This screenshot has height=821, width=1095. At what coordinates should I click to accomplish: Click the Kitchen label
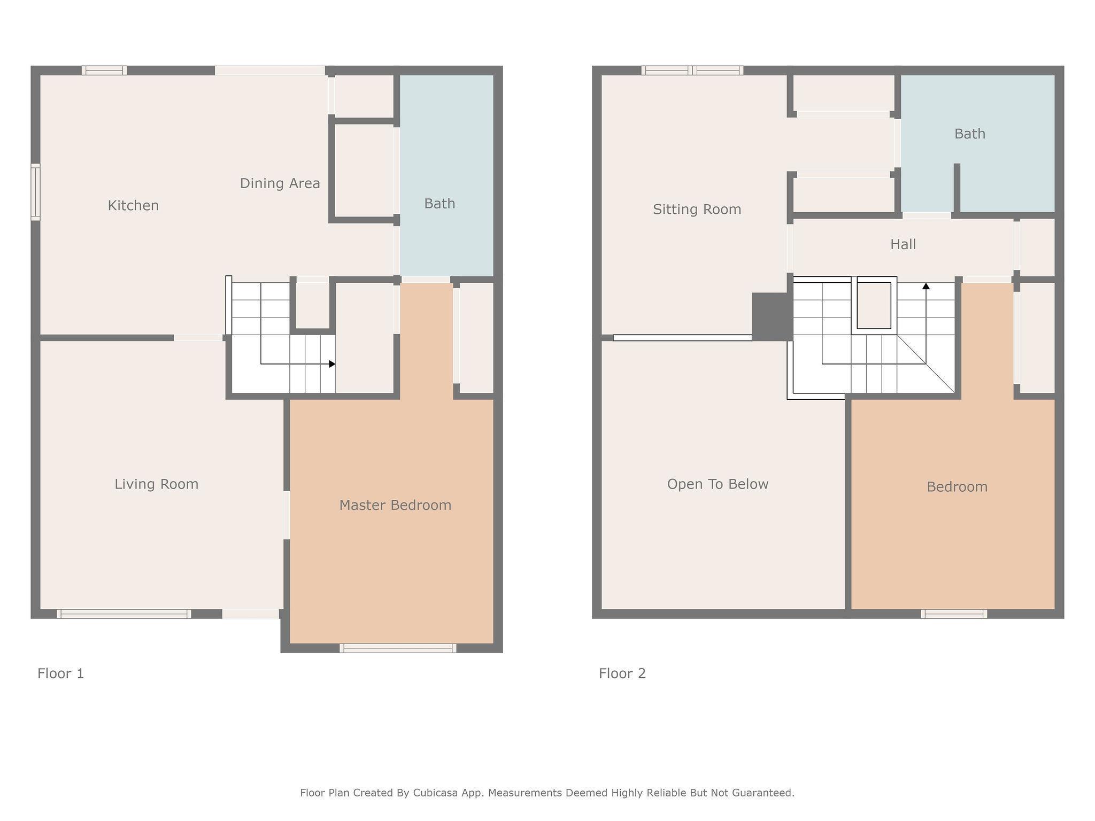133,206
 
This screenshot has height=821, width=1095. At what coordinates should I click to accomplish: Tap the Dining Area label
280,183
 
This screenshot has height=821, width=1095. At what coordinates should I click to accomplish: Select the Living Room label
156,484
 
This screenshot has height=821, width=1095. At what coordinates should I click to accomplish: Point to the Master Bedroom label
395,505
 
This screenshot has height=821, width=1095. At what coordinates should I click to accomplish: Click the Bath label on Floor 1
439,204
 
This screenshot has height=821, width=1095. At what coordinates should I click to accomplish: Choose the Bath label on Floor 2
969,134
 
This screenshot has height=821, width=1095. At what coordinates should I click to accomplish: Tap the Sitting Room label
697,210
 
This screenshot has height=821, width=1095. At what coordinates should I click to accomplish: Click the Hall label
903,244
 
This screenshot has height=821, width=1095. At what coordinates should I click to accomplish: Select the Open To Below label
718,484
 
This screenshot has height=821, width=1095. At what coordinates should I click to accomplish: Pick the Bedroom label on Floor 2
957,487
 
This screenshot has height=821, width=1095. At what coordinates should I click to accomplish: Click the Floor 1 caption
60,673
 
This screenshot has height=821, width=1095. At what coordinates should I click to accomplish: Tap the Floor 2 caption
622,673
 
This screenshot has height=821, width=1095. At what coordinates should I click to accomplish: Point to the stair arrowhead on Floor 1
332,364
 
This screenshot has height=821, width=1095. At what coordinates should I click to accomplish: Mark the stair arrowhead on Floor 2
926,286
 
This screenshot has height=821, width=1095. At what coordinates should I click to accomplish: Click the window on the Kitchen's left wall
35,192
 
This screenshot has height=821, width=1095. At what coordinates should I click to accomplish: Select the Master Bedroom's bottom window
398,648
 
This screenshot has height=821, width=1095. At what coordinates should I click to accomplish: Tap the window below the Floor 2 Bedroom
954,614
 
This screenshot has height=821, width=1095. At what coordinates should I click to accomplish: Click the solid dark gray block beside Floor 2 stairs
772,316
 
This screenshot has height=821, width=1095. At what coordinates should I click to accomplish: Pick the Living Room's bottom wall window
124,614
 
